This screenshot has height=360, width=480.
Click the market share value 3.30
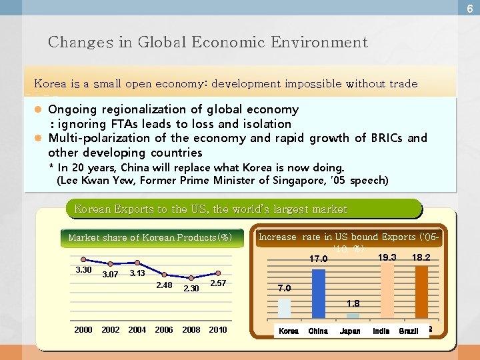(x=83, y=269)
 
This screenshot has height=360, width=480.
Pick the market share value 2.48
(x=164, y=285)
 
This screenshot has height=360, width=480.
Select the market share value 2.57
(x=219, y=283)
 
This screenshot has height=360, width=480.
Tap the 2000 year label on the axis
(x=83, y=329)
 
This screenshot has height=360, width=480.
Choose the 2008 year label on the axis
(x=191, y=329)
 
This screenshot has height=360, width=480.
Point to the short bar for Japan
(x=353, y=315)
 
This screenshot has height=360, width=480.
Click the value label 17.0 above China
(x=319, y=259)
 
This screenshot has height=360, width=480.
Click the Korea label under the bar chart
(x=288, y=331)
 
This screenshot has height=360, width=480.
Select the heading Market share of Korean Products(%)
(x=150, y=237)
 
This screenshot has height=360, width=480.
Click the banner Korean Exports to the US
(x=211, y=209)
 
